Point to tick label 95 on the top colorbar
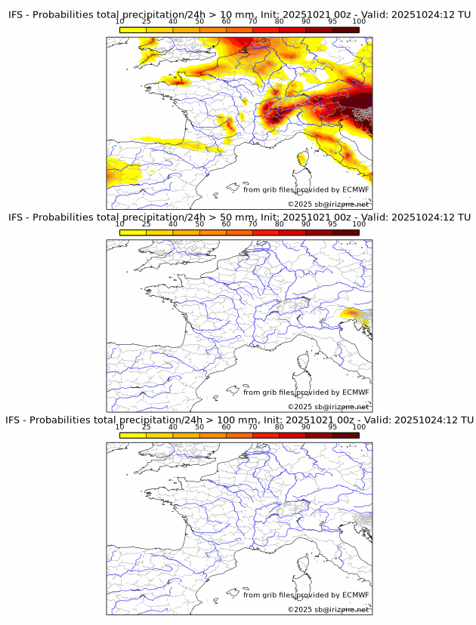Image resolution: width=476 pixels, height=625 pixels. pos(332,21)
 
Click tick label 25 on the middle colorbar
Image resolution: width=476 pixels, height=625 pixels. pos(147,224)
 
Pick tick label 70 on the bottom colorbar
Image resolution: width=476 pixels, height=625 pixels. pos(253,426)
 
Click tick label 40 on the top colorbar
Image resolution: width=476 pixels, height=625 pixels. pos(173,21)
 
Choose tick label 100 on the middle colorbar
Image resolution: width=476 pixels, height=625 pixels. pos(359,224)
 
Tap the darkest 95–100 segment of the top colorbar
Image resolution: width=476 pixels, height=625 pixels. pos(345,29)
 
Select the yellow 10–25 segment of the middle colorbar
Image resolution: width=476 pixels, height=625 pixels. pos(133,232)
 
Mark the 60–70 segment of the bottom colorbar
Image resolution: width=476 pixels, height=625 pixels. pos(240,435)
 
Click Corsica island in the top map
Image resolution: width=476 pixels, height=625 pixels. pos(304,158)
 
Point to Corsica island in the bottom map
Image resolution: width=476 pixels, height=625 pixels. pos(304,563)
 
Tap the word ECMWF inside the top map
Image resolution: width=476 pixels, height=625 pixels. pos(355,189)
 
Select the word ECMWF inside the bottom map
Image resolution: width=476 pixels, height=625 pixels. pos(355,595)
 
